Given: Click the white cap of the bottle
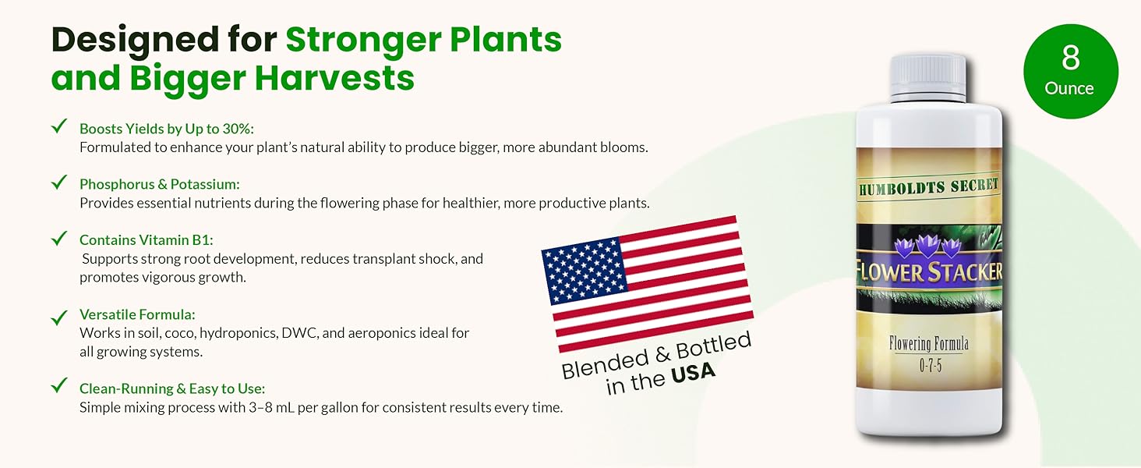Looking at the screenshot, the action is coord(927,77).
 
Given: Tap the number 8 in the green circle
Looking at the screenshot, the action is coord(1071,58).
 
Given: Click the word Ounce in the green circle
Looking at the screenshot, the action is coord(1069,89).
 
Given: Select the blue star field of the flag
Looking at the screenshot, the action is coord(585,271).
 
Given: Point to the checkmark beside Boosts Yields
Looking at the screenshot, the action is coord(59,126).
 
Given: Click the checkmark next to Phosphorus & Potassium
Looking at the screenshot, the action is coord(59,182).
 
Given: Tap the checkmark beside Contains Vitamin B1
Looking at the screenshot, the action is coord(59,238).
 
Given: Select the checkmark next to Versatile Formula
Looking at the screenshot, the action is coord(59,317).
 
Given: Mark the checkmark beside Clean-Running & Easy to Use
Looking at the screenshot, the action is coord(59,385).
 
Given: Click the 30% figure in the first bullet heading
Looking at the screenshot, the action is coord(238,129).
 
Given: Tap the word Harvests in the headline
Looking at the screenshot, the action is coord(334,78).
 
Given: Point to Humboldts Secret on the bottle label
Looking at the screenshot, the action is coord(928,187).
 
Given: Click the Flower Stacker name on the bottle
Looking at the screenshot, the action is coord(929,271).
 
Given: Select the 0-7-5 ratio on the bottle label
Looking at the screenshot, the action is coord(930,365).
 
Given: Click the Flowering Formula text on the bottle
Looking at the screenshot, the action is coord(928,343).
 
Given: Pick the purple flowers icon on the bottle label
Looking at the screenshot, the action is coord(927,246).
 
